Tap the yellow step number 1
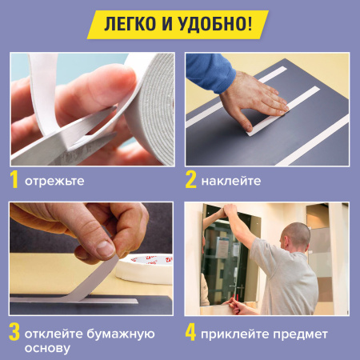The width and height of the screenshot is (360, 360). [15, 179]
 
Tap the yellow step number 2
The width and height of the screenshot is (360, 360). [190, 179]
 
